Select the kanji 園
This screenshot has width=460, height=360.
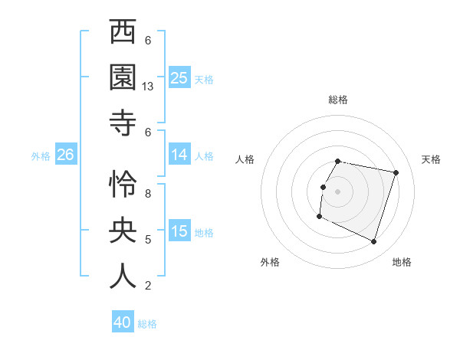click(123, 77)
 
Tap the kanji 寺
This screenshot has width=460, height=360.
click(123, 120)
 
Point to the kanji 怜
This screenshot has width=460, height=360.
click(123, 184)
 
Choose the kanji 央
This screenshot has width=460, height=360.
click(123, 230)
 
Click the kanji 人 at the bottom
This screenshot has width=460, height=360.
click(123, 275)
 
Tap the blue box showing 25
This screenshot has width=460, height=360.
click(179, 78)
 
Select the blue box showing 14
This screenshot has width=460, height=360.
click(179, 155)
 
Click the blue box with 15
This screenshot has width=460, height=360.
click(179, 232)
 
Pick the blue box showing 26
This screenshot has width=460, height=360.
click(65, 155)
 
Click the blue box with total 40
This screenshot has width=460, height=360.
click(123, 322)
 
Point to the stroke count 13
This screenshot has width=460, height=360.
click(149, 87)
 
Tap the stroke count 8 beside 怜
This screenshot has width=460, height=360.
click(148, 194)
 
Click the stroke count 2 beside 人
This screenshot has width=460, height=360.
click(148, 286)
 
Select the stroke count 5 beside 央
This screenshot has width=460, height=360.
click(148, 240)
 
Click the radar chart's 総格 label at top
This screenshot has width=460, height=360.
click(338, 100)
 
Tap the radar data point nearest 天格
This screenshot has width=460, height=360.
click(396, 173)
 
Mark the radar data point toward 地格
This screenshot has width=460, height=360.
click(373, 242)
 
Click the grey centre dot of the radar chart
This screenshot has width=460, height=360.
click(338, 191)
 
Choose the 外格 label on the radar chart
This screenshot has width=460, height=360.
click(270, 262)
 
